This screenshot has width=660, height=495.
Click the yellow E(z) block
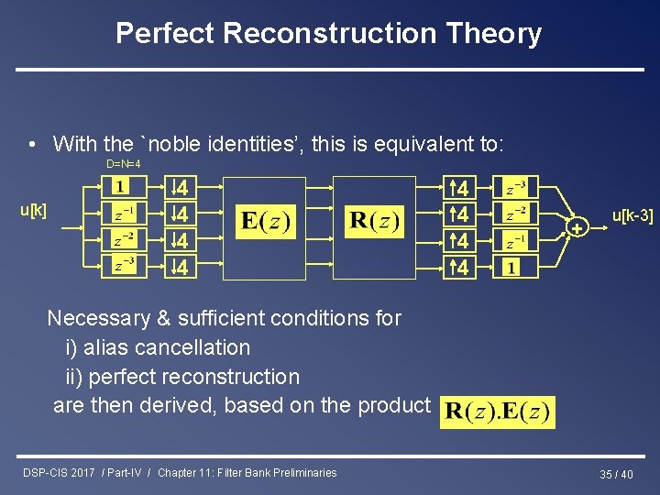[x=265, y=222]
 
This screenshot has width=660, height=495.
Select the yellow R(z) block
[x=375, y=222]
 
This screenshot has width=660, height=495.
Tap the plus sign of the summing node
[x=577, y=227]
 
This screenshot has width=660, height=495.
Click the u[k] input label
[x=34, y=212]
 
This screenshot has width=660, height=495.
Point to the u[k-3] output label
[x=632, y=216]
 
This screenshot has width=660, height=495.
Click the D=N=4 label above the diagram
[x=123, y=164]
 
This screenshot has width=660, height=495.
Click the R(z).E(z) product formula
[x=498, y=411]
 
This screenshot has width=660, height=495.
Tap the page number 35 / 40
[x=616, y=474]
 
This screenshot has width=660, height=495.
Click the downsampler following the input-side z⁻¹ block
[x=181, y=214]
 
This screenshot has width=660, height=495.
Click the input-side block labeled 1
[x=121, y=188]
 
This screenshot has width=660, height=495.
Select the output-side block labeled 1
[x=510, y=269]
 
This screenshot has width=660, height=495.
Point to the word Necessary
[x=98, y=318]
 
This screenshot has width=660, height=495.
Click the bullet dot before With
[x=32, y=145]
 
